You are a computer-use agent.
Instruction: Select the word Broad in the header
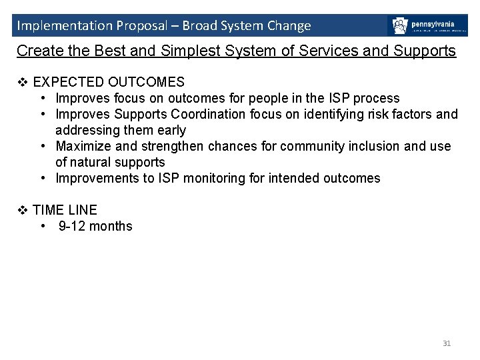pyautogui.click(x=199, y=26)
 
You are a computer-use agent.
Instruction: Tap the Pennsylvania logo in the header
pyautogui.click(x=427, y=26)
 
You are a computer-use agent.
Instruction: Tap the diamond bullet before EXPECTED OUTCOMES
pyautogui.click(x=22, y=82)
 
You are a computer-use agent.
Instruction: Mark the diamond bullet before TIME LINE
pyautogui.click(x=22, y=210)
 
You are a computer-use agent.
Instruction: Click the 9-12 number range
pyautogui.click(x=73, y=226)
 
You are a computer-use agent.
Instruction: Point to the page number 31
pyautogui.click(x=447, y=343)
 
